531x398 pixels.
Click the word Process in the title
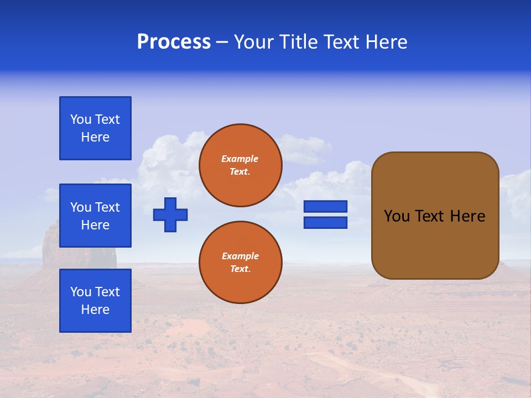[x=174, y=42]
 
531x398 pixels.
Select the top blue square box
[x=95, y=128]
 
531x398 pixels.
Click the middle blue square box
[x=95, y=216]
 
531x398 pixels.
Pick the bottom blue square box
[x=95, y=301]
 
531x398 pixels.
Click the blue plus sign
[x=170, y=214]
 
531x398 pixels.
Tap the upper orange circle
[x=240, y=165]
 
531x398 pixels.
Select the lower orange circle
[x=240, y=263]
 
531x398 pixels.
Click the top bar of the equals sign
[x=325, y=206]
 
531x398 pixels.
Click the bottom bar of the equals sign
[x=325, y=222]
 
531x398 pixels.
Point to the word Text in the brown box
[x=430, y=216]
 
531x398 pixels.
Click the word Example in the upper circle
[x=240, y=159]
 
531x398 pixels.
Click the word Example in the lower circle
[x=240, y=256]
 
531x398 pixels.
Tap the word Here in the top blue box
[x=95, y=137]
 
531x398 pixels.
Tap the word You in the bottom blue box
[x=81, y=292]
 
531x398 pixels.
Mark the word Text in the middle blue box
[x=107, y=207]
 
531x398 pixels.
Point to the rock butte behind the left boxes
[x=50, y=243]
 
